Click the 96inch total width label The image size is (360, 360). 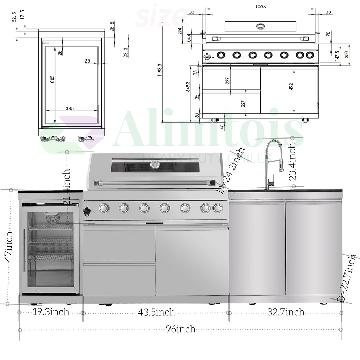click(x=181, y=329)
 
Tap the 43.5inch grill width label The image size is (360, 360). click(x=156, y=312)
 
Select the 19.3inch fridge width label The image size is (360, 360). click(x=51, y=312)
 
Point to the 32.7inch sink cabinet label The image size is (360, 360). click(x=285, y=312)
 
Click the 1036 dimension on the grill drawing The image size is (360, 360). click(x=261, y=6)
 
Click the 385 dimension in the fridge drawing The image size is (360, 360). click(x=70, y=108)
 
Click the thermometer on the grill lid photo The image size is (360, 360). click(x=155, y=165)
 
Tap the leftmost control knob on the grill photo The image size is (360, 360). click(x=104, y=208)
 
